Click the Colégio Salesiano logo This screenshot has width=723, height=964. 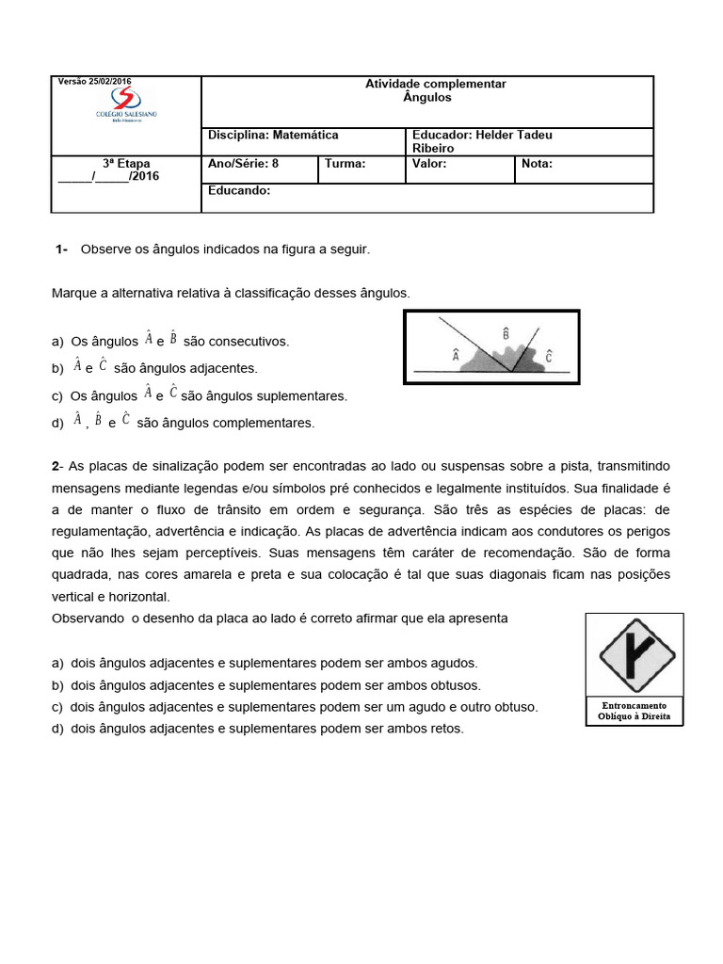click(x=121, y=104)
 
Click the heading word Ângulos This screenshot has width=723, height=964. click(x=427, y=98)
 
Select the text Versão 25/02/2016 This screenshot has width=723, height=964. click(x=95, y=82)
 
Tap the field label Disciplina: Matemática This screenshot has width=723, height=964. click(x=273, y=136)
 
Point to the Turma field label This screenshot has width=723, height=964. click(x=345, y=164)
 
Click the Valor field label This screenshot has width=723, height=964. click(x=429, y=164)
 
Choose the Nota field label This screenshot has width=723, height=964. click(x=537, y=164)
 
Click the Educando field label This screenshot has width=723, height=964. click(x=239, y=190)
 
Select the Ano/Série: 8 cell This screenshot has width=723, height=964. click(x=243, y=164)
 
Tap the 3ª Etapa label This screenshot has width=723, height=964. click(x=126, y=163)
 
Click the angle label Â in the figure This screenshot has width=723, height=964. click(x=456, y=356)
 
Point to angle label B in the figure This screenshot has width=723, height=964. click(x=506, y=333)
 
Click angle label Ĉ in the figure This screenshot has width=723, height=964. click(x=548, y=356)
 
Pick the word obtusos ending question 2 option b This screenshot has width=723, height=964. click(x=458, y=685)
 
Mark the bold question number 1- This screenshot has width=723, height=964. click(x=62, y=249)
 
